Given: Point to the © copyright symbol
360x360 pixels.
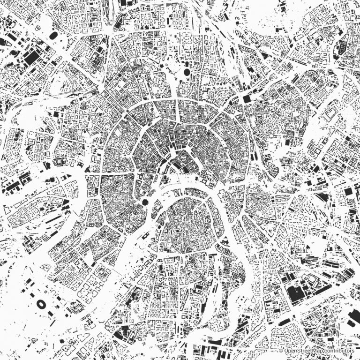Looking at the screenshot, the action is point(281,351).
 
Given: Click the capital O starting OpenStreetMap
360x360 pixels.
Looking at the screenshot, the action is point(286,351).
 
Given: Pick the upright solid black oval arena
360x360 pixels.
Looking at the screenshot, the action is point(187,72).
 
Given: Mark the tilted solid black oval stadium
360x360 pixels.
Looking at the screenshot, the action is point(52,36).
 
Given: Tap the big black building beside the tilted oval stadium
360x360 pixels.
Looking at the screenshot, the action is point(32,58).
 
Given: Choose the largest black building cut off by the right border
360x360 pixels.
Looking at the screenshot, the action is point(353,319).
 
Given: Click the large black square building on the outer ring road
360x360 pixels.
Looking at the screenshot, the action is point(247,99).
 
